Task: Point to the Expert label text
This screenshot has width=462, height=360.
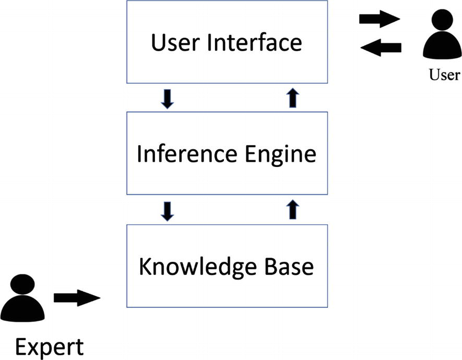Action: pos(49,347)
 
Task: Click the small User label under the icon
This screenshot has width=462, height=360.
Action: pos(444,75)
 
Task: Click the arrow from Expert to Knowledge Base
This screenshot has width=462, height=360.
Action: pos(77,298)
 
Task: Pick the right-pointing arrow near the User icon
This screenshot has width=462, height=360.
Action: pos(380,20)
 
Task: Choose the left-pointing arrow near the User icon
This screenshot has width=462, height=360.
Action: pos(381,48)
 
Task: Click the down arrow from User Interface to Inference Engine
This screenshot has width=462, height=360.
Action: pos(168,99)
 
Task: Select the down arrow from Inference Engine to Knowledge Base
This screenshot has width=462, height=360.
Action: pos(168,211)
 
